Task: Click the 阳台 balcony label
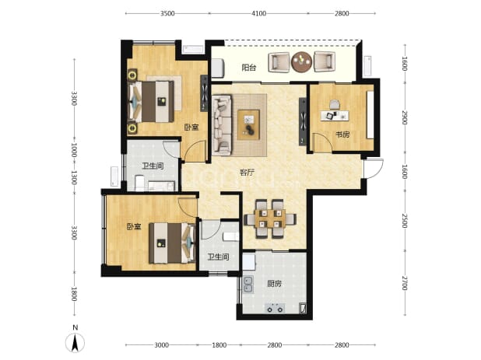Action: pyautogui.click(x=249, y=68)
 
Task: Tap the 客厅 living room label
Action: pyautogui.click(x=247, y=173)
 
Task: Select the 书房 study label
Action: pyautogui.click(x=342, y=135)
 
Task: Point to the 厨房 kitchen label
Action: pyautogui.click(x=274, y=284)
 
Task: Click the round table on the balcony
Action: pyautogui.click(x=302, y=62)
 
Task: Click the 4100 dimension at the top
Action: pyautogui.click(x=259, y=13)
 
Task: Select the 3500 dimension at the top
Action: pyautogui.click(x=167, y=13)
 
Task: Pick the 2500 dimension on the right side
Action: pyautogui.click(x=405, y=221)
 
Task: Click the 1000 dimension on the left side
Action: pyautogui.click(x=74, y=150)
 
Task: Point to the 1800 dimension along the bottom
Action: pyautogui.click(x=219, y=345)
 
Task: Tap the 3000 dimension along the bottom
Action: pyautogui.click(x=161, y=345)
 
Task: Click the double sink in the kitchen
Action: pyautogui.click(x=248, y=285)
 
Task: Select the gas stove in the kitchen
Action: pyautogui.click(x=275, y=308)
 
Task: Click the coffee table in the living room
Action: pyautogui.click(x=249, y=124)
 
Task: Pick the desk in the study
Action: pyautogui.click(x=335, y=116)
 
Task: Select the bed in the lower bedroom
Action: pyautogui.click(x=173, y=243)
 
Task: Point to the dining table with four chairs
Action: pyautogui.click(x=270, y=218)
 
